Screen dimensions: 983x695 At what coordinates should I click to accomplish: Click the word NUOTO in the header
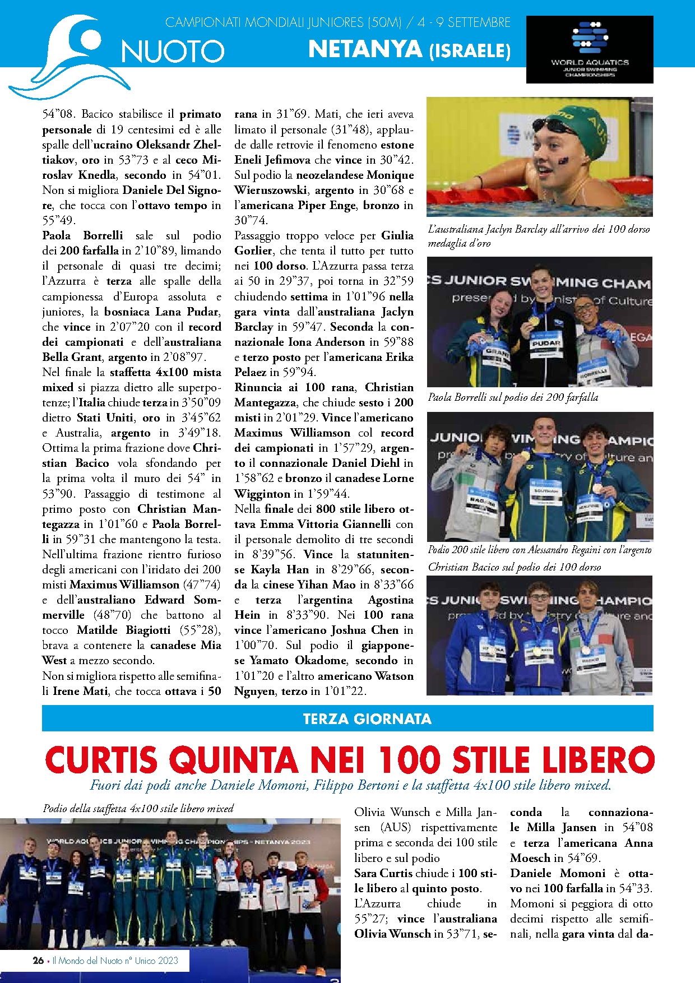tap(173, 52)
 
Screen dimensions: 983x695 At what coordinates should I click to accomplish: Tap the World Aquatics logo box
tap(590, 49)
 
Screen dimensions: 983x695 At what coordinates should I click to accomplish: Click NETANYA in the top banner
tap(365, 49)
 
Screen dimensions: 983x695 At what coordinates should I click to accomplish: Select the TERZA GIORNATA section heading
tap(367, 718)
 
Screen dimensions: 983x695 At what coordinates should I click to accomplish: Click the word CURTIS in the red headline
tap(101, 760)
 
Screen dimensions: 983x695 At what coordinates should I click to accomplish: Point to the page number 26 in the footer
tap(38, 960)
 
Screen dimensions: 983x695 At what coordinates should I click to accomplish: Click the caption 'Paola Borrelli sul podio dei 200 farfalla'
tap(513, 397)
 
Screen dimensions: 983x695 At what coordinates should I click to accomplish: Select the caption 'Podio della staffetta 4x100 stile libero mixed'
tap(138, 808)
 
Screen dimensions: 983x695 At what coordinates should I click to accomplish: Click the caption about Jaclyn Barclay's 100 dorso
tap(538, 235)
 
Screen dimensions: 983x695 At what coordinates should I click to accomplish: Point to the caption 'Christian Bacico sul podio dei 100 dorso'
tap(514, 567)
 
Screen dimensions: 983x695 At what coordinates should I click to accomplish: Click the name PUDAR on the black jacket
tap(546, 342)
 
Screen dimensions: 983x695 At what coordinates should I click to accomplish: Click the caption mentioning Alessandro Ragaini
tap(539, 550)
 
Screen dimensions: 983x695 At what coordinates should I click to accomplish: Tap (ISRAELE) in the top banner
tap(470, 52)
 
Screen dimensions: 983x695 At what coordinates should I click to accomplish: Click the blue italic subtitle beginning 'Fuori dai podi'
tap(350, 785)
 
